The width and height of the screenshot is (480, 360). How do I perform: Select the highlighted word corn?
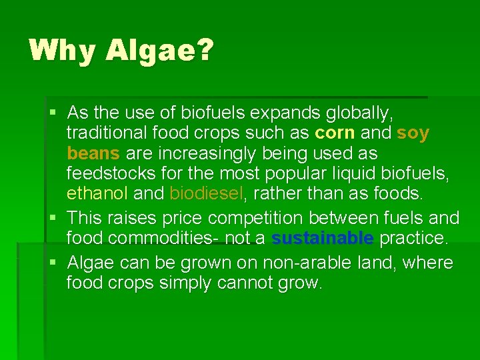(335, 133)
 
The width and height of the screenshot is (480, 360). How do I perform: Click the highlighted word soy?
(413, 133)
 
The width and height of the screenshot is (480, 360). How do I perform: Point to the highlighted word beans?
(93, 153)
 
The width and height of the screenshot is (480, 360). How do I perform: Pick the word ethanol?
(97, 194)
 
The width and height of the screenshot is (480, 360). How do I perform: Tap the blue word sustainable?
(323, 238)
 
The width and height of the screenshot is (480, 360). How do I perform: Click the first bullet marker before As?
(54, 112)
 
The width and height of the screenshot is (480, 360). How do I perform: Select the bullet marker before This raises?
(54, 218)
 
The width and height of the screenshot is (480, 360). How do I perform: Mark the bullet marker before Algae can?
(54, 263)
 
